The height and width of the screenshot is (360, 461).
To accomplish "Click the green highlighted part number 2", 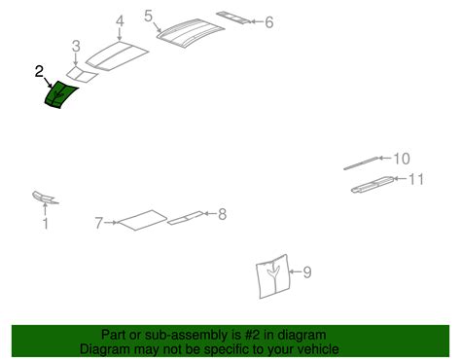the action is pos(60,94).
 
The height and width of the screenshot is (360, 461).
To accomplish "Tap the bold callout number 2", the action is pos(39,71).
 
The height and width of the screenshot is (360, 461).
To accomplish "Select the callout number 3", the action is pos(76,46).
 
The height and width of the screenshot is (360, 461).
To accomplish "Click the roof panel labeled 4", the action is pos(118,55).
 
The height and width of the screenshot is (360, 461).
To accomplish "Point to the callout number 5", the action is pos(148,16).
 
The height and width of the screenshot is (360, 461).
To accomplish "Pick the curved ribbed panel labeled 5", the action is pos(191,33).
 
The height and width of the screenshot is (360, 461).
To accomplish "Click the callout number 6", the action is pos(269,22).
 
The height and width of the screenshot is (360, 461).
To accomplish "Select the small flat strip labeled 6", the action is pos(233,18).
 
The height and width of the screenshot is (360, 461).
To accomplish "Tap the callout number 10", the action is pos(402,159).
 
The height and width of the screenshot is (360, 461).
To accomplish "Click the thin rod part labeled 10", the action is pos(362,163).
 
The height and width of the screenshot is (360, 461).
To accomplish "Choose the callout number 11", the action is pos(416,179).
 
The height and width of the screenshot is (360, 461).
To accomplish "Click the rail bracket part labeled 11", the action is pos(372,185).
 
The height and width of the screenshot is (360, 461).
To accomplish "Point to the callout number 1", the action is pos(46,224).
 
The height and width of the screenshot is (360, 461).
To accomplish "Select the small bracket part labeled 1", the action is pos(45,198).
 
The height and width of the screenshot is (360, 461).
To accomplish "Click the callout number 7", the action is pos(99,223).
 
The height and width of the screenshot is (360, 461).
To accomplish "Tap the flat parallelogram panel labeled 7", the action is pos(143,220).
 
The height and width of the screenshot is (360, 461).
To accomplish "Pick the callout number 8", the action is pos(222,214).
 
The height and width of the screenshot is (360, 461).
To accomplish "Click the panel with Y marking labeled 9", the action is pos(273,276).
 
